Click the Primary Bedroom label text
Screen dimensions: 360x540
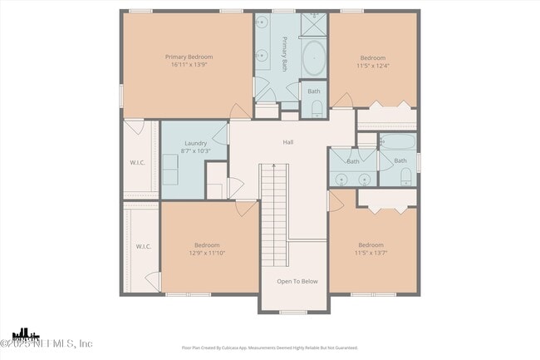tap(187, 57)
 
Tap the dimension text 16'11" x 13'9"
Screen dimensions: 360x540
tap(187, 65)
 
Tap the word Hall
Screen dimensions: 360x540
tap(287, 142)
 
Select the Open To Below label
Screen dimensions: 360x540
tap(297, 281)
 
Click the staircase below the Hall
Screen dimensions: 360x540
tap(273, 212)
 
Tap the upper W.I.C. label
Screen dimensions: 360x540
tap(137, 162)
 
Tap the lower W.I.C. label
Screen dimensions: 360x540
tap(143, 246)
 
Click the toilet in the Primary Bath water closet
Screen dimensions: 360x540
tap(316, 107)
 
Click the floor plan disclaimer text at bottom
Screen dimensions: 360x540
tap(269, 348)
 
